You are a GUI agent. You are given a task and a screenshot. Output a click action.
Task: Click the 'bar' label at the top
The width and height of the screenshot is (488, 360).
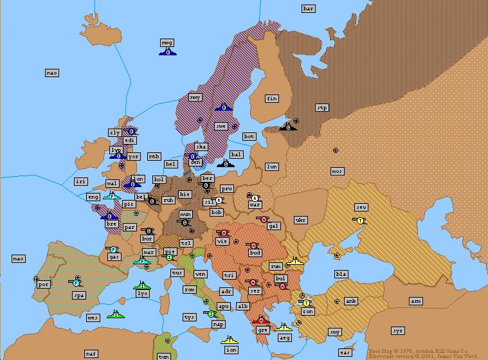pyautogui.click(x=309, y=8)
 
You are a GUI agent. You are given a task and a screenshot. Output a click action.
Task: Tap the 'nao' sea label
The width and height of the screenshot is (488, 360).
pyautogui.click(x=52, y=73)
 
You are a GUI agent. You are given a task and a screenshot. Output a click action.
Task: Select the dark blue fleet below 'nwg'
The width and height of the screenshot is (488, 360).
pyautogui.click(x=167, y=51)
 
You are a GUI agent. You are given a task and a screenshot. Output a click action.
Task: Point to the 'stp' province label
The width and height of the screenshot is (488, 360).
pyautogui.click(x=322, y=108)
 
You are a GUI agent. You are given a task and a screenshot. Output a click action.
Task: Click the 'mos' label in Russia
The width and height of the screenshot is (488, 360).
pyautogui.click(x=337, y=171)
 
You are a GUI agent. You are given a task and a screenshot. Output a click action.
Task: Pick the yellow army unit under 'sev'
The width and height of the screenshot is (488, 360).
pyautogui.click(x=361, y=220)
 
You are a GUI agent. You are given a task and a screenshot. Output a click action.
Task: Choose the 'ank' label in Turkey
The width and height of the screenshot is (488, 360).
pyautogui.click(x=351, y=301)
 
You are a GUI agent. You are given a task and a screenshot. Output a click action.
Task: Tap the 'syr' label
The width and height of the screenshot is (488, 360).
pyautogui.click(x=398, y=330)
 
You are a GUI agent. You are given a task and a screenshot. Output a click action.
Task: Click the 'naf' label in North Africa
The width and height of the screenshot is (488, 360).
pyautogui.click(x=91, y=354)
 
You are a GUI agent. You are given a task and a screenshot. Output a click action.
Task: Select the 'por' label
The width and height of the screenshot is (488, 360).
pyautogui.click(x=44, y=284)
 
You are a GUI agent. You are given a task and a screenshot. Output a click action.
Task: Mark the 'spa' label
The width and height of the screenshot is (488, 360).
pyautogui.click(x=79, y=296)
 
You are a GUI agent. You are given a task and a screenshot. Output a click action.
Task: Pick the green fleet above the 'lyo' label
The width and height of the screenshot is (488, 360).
pyautogui.click(x=142, y=285)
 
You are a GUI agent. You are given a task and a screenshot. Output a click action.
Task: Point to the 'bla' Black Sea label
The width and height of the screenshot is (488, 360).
pyautogui.click(x=341, y=274)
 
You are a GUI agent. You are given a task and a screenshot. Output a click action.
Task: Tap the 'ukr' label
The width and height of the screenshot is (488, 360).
pyautogui.click(x=300, y=220)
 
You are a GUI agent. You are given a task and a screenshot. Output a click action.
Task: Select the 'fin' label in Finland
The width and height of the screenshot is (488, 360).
pyautogui.click(x=272, y=99)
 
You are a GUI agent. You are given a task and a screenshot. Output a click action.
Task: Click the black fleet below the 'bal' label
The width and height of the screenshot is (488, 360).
pyautogui.click(x=226, y=163)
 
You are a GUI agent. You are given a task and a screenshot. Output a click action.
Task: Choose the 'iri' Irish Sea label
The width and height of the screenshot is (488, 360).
pyautogui.click(x=80, y=182)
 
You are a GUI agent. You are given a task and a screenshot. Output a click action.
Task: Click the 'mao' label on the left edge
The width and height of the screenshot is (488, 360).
pyautogui.click(x=19, y=258)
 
